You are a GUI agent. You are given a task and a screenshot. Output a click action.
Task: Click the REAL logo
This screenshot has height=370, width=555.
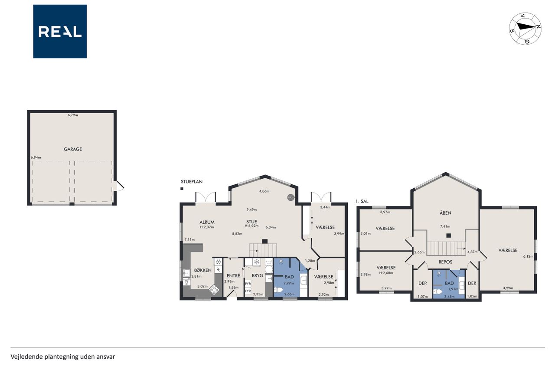point(60,32)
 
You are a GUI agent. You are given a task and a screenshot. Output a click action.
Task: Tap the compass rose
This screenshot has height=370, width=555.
point(525,29)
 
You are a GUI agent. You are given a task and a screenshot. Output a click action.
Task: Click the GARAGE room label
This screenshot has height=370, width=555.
point(73,149)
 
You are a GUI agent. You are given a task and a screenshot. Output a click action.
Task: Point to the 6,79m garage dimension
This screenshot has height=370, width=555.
point(73,115)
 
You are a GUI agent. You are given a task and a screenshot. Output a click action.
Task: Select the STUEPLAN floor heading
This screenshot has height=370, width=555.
point(192,182)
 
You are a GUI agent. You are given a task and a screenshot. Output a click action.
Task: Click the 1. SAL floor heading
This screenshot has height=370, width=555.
point(362,201)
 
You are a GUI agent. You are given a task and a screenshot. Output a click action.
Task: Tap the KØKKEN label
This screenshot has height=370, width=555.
point(202,270)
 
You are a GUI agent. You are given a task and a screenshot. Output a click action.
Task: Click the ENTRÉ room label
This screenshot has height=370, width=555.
point(233,275)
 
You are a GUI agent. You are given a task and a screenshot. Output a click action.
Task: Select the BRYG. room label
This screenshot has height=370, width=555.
point(258,275)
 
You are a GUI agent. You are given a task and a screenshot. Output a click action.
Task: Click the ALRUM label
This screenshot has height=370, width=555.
point(207,222)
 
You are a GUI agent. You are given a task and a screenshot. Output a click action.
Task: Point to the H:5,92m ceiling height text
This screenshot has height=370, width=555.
point(251,226)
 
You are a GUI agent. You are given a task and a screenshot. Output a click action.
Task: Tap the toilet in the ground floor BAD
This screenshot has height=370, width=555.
point(278,290)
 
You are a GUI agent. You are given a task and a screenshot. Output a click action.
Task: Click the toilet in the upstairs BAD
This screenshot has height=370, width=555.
point(437,291)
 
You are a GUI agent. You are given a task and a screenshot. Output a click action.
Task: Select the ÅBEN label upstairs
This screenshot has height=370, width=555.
point(445,213)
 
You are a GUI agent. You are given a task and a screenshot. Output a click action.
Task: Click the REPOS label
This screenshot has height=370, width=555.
point(445,262)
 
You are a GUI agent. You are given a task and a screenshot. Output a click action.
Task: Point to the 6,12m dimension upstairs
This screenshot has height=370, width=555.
point(528,256)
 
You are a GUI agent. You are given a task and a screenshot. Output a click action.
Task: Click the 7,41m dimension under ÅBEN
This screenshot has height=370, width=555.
point(445,226)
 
